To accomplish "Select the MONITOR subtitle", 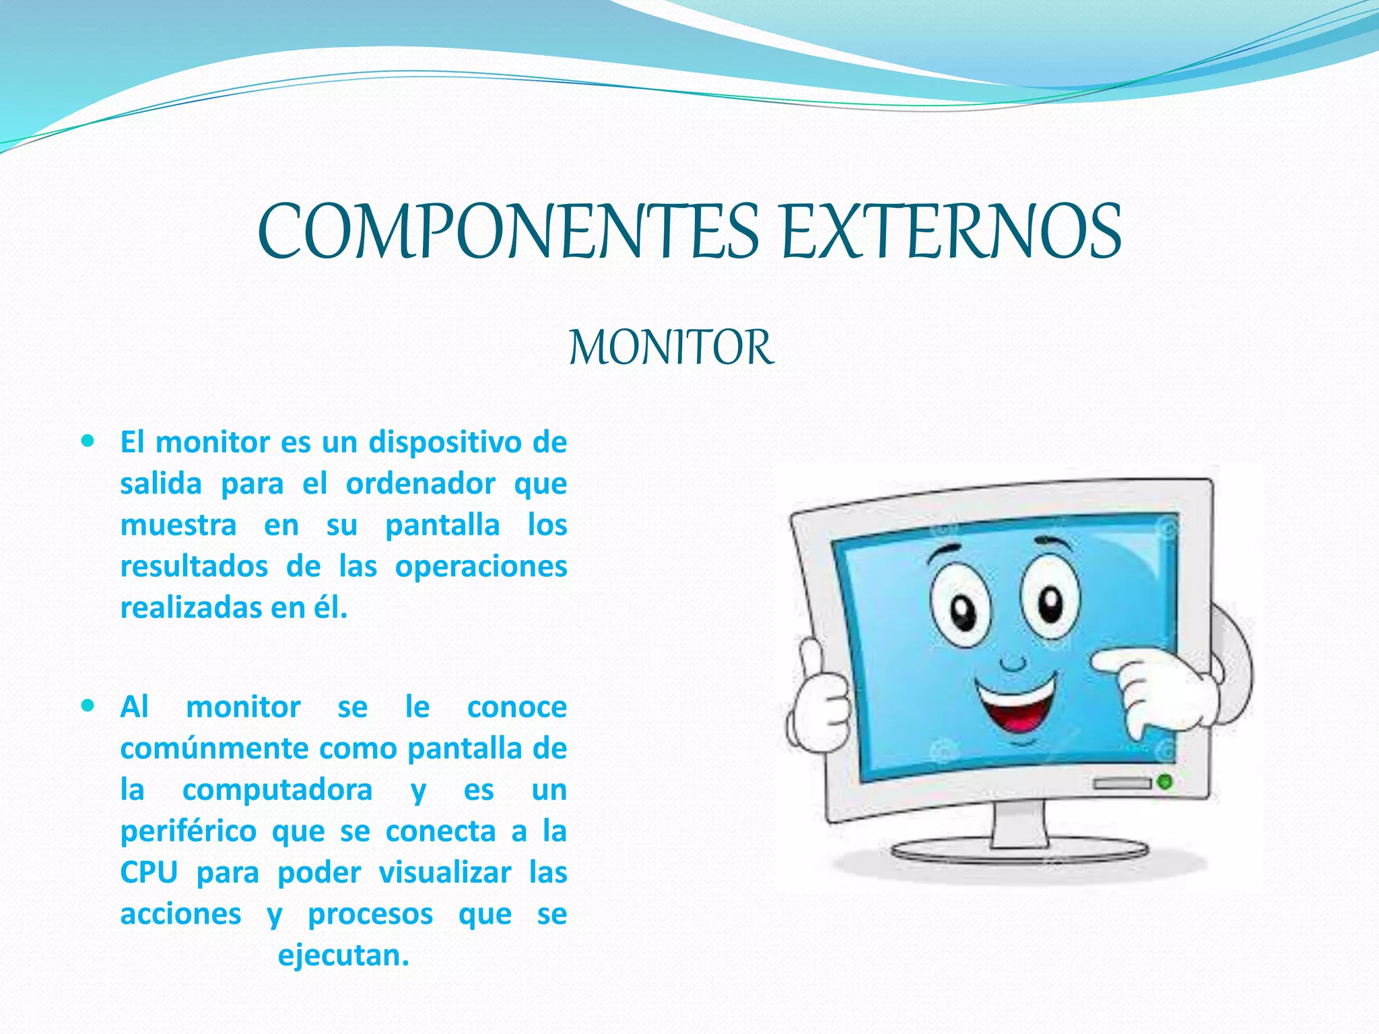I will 671,348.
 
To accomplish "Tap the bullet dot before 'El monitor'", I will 88,442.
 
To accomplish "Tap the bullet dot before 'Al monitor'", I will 88,706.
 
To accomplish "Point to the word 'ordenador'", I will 421,484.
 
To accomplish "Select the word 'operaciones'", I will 481,566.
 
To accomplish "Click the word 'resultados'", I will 194,566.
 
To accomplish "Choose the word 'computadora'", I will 277,790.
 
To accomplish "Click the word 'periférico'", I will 189,831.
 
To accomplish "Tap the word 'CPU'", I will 149,872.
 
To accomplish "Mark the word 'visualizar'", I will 444,872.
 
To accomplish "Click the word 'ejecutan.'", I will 343,955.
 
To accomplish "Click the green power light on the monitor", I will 1164,782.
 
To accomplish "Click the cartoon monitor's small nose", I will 1012,663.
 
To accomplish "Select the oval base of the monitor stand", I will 1019,852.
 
